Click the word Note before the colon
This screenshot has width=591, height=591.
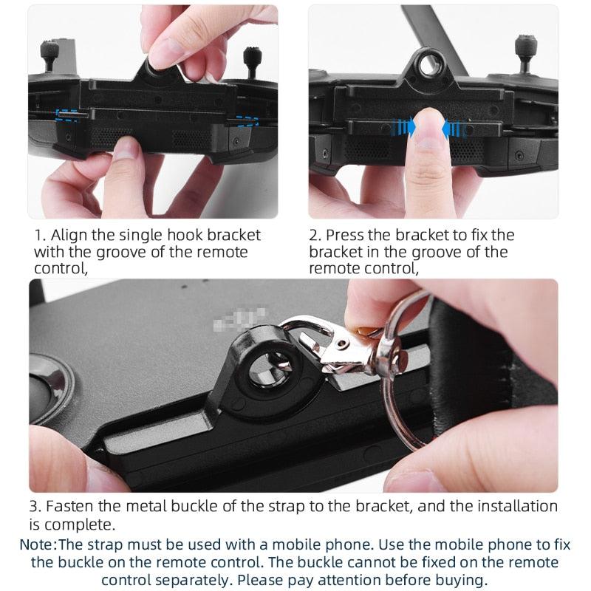coord(38,544)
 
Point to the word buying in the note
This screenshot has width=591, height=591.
coord(462,580)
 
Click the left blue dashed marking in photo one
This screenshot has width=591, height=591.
coord(69,114)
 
